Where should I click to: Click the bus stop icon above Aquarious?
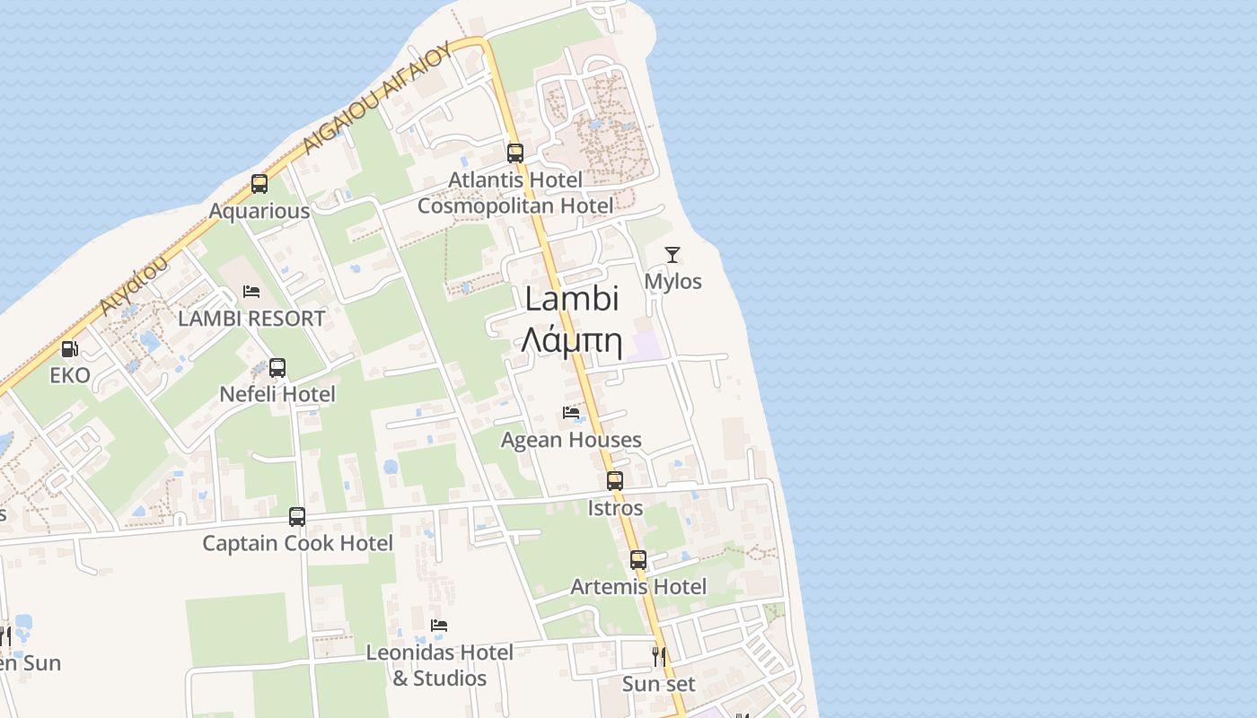coord(259,184)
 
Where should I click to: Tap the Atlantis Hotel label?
coord(515,180)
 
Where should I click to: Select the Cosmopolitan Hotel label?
coord(515,206)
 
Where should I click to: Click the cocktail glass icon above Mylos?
coord(672,255)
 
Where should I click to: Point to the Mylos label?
coord(673,282)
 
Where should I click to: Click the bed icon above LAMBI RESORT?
coord(251,292)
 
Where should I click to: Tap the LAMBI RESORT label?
coord(251,319)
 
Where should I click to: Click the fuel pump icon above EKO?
coord(69,349)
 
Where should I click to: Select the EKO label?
coord(70,375)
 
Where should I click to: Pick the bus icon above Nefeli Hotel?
coord(277,367)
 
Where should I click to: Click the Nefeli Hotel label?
coord(277,394)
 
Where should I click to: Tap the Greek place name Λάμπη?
coord(572,340)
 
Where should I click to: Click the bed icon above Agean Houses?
coord(571,413)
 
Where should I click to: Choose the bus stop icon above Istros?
coord(615,481)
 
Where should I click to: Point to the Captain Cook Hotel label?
coord(297,543)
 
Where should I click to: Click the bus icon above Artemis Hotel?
coord(638,560)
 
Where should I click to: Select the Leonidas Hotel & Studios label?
coord(439,665)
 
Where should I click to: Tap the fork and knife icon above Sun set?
coord(659,657)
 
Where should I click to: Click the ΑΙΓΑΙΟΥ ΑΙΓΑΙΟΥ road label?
coord(376,99)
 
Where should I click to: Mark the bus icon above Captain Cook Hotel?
coord(297,517)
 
